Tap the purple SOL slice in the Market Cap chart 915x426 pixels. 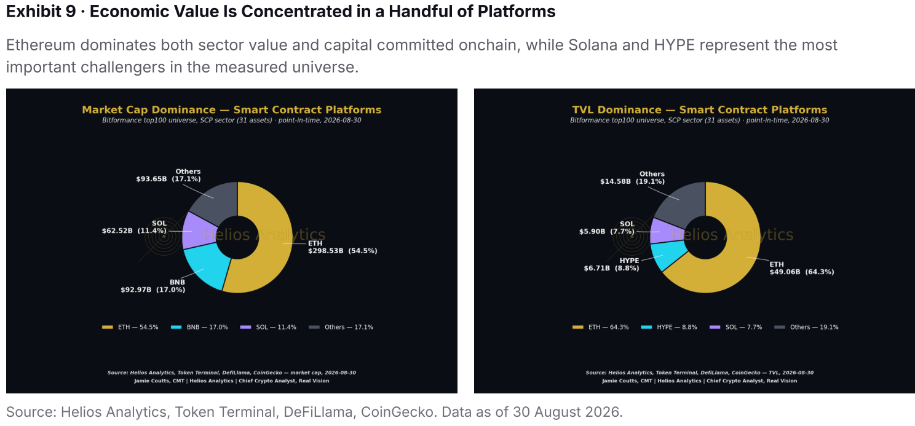(x=197, y=231)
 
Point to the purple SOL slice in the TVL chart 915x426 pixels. (x=662, y=231)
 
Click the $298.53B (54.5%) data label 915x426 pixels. (x=343, y=251)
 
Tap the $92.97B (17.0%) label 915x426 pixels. (x=152, y=290)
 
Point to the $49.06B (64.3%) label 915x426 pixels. (x=802, y=272)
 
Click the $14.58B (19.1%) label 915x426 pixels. (x=632, y=181)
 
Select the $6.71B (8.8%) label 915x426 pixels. (x=611, y=269)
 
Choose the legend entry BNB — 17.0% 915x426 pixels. (x=199, y=327)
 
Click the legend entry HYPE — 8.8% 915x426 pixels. (x=669, y=327)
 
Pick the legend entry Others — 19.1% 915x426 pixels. (x=807, y=327)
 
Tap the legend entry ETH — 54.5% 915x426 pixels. (x=130, y=327)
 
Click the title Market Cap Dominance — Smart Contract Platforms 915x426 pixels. (x=232, y=110)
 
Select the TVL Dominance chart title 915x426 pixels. (x=699, y=110)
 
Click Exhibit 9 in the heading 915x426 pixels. (x=41, y=12)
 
